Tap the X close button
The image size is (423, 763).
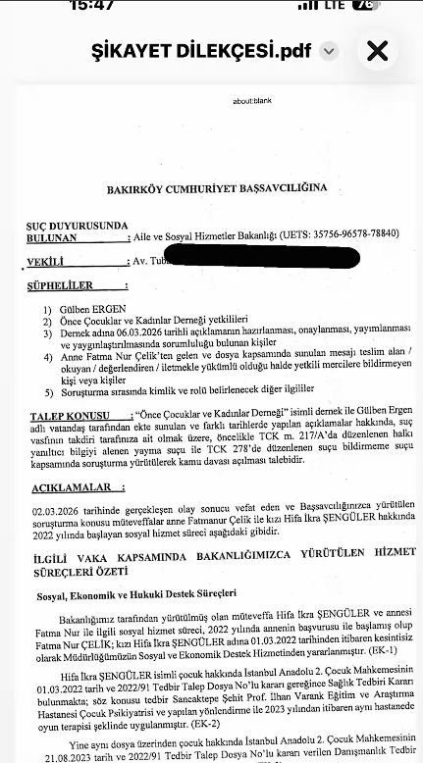pos(377,51)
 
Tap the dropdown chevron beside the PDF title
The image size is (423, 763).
pos(329,51)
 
